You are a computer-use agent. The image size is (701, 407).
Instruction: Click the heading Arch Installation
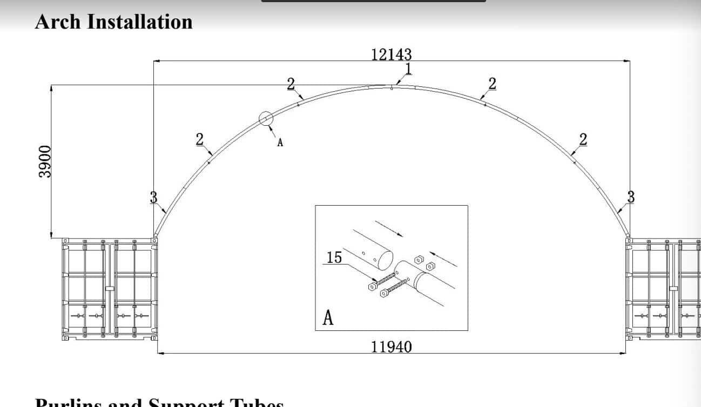(x=113, y=22)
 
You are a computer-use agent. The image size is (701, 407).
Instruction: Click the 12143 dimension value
(x=391, y=55)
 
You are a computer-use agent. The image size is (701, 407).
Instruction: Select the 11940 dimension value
(x=391, y=346)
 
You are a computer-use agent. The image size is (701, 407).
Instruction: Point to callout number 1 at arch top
(x=408, y=69)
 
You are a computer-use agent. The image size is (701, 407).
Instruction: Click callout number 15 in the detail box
(x=334, y=257)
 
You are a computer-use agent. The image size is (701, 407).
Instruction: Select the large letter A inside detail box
(x=328, y=318)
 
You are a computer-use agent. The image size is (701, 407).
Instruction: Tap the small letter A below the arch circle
(x=280, y=143)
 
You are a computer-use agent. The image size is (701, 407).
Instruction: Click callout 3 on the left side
(x=153, y=198)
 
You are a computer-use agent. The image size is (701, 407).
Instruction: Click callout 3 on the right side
(x=630, y=197)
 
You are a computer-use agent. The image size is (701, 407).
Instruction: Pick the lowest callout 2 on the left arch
(x=200, y=139)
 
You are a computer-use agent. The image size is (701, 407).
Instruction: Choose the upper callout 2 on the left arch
(x=291, y=83)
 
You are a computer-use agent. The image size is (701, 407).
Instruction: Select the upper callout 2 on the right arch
(x=491, y=83)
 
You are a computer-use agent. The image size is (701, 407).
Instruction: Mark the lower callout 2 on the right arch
(x=583, y=139)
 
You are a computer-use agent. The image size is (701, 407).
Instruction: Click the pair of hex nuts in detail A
(x=424, y=263)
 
